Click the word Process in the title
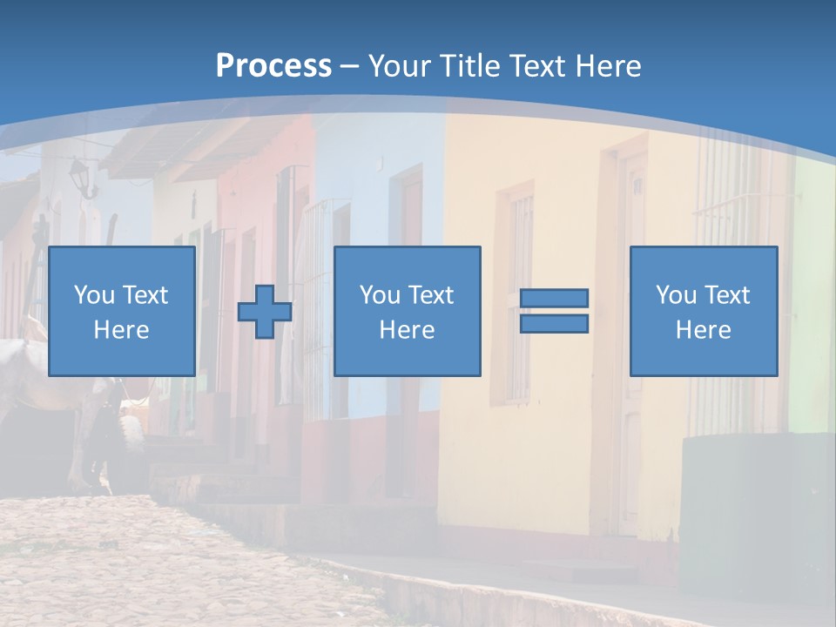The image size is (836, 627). (273, 65)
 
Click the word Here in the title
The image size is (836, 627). (610, 65)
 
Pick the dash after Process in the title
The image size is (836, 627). (350, 67)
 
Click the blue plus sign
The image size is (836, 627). (265, 311)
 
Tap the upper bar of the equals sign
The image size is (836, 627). (554, 299)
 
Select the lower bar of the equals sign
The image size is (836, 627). (554, 323)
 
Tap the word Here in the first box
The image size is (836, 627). (122, 330)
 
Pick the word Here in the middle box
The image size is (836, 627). (408, 330)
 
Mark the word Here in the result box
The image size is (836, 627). (704, 330)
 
